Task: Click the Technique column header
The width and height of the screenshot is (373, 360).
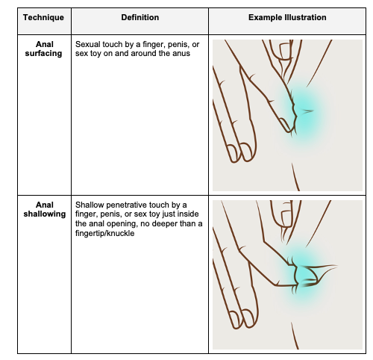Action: (43, 17)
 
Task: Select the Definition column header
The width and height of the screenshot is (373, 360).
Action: (140, 17)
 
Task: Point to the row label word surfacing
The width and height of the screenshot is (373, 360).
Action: (43, 53)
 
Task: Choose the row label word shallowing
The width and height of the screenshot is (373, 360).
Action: (45, 214)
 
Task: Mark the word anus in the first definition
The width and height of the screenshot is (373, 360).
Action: (182, 54)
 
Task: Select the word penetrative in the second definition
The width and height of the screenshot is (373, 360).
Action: (127, 205)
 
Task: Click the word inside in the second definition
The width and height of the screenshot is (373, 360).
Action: (188, 214)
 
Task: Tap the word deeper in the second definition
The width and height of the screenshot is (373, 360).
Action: (165, 224)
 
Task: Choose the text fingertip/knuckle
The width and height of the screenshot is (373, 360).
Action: (104, 233)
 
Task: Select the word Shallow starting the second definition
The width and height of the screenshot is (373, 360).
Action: (90, 205)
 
